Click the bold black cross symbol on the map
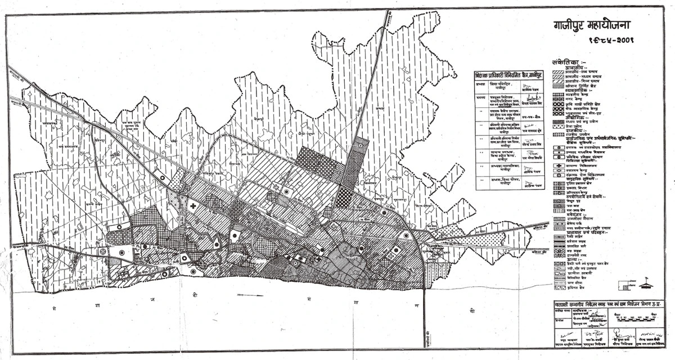click(x=193, y=206)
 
